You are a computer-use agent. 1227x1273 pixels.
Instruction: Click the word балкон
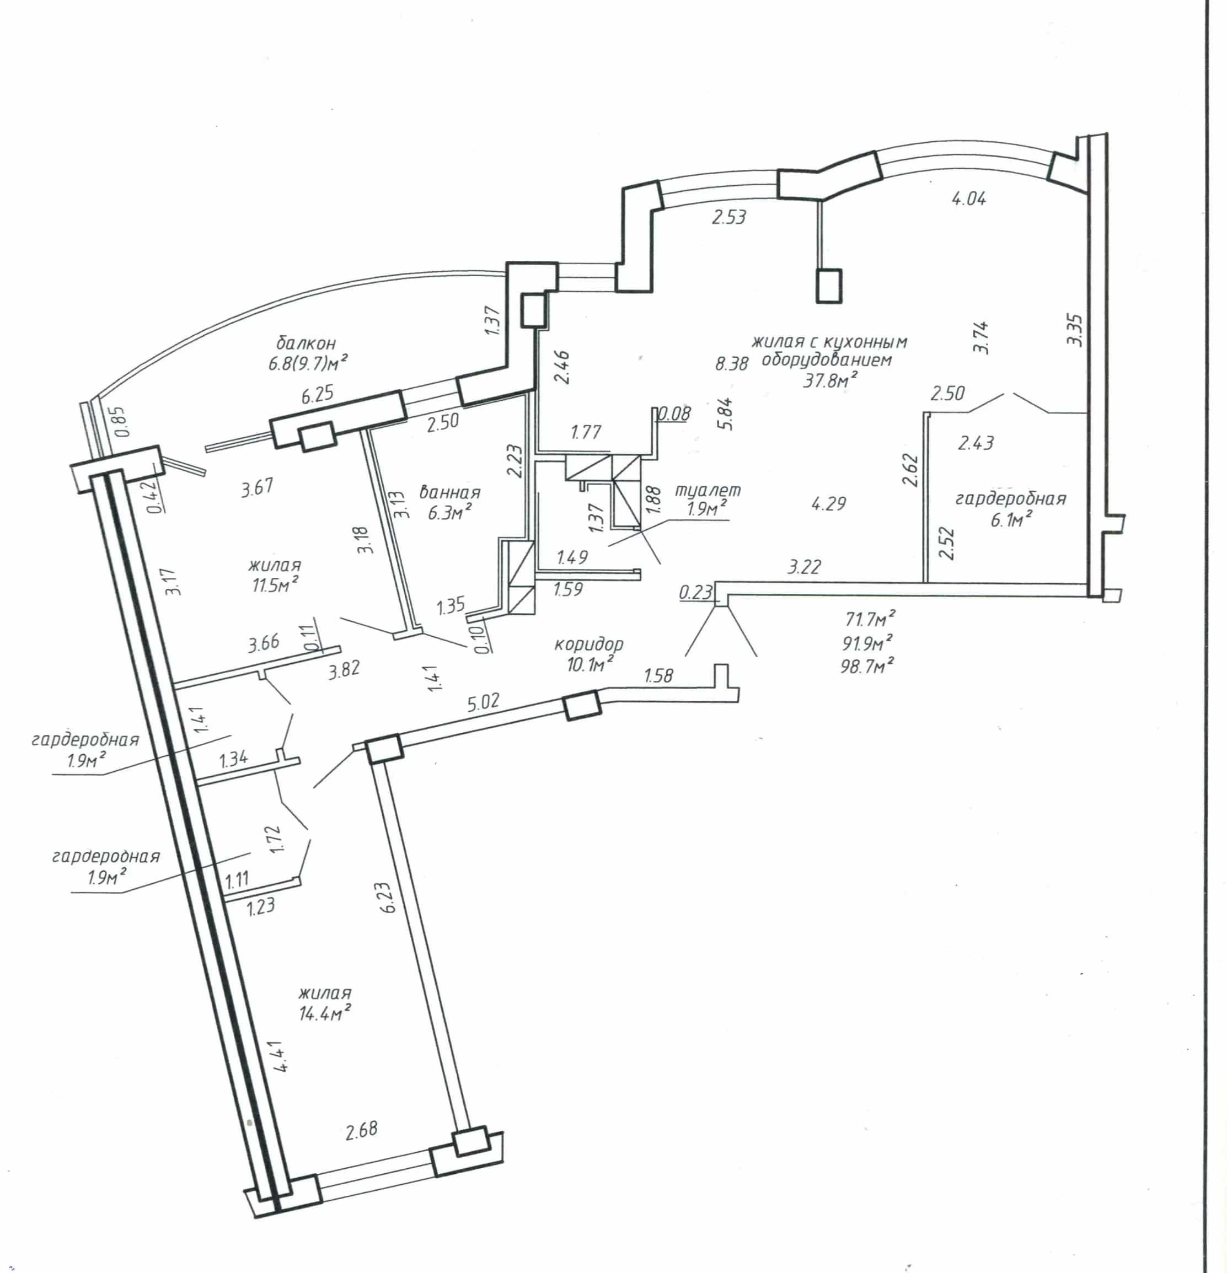click(306, 342)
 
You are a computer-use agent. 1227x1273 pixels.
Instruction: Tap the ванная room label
click(449, 492)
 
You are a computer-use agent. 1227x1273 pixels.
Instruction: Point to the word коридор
click(588, 644)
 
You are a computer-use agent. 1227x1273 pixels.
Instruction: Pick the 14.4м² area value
click(325, 1012)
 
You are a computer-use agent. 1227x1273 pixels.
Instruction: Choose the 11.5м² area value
click(275, 584)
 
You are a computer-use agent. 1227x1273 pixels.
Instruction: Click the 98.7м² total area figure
click(867, 665)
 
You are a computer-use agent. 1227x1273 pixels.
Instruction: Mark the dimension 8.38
click(731, 363)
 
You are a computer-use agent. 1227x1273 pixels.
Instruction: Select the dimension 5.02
click(483, 703)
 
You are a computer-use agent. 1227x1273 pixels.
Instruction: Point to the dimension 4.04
click(968, 198)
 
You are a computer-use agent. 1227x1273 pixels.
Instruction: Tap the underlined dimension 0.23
click(696, 592)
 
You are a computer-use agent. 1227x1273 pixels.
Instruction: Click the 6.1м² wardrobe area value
click(1011, 519)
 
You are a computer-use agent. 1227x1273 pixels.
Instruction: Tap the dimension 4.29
click(829, 503)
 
